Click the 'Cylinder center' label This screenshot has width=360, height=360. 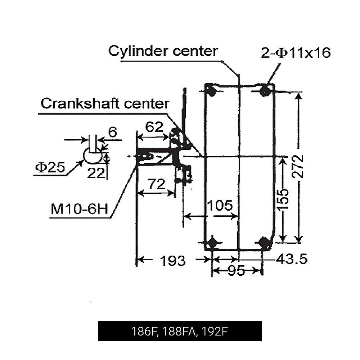point(163,51)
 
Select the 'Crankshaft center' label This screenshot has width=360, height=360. point(105,104)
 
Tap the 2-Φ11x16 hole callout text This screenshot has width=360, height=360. point(296,53)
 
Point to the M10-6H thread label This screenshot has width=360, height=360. point(79,209)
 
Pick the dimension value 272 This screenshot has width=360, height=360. point(298,166)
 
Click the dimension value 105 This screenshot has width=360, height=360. point(220,206)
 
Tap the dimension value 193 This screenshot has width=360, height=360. point(173,260)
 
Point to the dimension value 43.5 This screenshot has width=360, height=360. point(292,259)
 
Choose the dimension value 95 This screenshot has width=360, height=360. point(237,270)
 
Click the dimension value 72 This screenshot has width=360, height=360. point(156,184)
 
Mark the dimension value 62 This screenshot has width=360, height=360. point(154,127)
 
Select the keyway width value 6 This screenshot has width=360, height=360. point(113,132)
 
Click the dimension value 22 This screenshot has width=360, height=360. point(96,173)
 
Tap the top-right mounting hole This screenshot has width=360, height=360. point(265,90)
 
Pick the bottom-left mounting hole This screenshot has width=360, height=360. point(212,242)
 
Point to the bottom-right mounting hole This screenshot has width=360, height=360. point(265,242)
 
